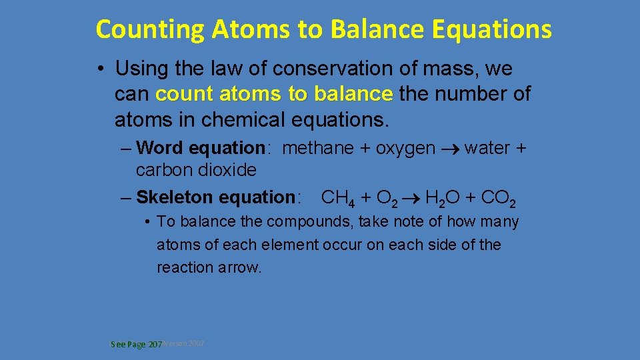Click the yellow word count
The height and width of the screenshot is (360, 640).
pos(181,94)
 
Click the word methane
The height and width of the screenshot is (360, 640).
pos(318,148)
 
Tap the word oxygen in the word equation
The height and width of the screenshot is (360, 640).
pos(406,148)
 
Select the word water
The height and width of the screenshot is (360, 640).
pos(488,148)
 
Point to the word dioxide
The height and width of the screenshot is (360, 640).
pos(229,170)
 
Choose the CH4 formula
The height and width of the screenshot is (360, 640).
pos(338,198)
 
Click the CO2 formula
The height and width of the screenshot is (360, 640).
pos(498,198)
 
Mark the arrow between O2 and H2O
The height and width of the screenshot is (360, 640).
pos(411,198)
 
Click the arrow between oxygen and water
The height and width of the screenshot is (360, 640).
pos(450,149)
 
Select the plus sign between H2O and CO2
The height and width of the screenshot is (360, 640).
pos(473,198)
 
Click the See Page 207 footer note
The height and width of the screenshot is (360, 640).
pos(137,345)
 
